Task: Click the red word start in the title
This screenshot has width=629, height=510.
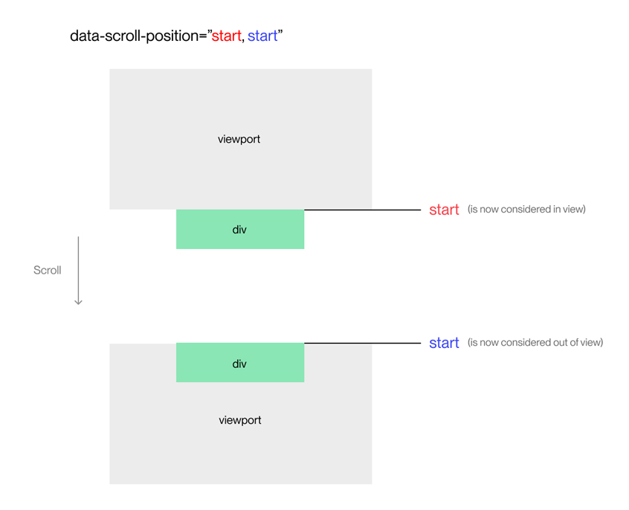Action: pos(226,36)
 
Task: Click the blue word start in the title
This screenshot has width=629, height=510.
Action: pos(262,36)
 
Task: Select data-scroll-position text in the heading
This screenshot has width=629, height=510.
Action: pos(133,36)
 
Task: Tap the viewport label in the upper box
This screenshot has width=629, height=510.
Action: pos(239,139)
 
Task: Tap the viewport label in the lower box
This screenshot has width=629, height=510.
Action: pos(239,420)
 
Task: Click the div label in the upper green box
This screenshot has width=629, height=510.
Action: pos(239,230)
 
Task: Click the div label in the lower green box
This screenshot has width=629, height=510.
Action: pos(239,364)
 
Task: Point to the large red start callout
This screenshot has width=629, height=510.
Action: pos(444,210)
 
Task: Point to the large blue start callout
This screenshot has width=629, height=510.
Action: pos(444,343)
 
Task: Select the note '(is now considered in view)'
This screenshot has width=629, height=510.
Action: pos(526,209)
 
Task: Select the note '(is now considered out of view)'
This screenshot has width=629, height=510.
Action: pos(535,342)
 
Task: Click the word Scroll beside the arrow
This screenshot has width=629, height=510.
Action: pos(47,270)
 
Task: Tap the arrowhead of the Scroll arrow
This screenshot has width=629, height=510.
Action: pos(78,301)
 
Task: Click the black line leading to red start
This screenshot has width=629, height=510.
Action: pos(363,210)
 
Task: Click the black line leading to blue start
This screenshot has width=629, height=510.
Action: pos(363,343)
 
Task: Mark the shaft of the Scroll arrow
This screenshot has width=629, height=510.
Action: pos(78,268)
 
